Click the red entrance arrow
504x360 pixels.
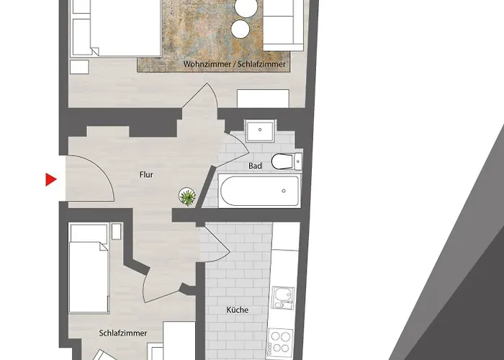[50, 179]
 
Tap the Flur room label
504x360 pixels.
[146, 174]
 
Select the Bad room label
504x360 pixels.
[255, 166]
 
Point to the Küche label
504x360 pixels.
[237, 310]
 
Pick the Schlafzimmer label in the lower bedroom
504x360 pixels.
[123, 333]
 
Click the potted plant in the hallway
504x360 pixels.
[186, 196]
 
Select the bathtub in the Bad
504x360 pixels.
[259, 192]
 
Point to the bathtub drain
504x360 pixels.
[284, 191]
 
